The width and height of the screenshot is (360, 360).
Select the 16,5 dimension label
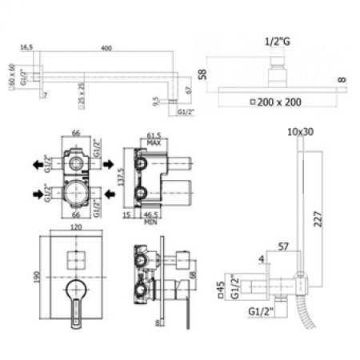pyautogui.click(x=28, y=47)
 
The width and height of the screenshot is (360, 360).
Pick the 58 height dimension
pyautogui.click(x=203, y=74)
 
